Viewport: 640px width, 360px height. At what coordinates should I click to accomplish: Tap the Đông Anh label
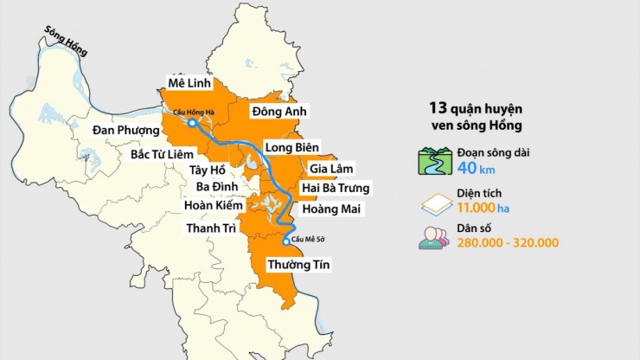pyautogui.click(x=280, y=112)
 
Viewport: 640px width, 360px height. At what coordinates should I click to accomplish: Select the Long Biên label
pyautogui.click(x=291, y=147)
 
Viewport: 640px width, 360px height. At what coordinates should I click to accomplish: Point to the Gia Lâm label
pyautogui.click(x=332, y=168)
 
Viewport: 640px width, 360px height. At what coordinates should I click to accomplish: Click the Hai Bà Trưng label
pyautogui.click(x=336, y=188)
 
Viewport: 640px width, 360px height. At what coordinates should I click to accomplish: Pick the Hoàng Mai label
pyautogui.click(x=333, y=209)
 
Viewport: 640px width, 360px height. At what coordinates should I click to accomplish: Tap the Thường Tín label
pyautogui.click(x=298, y=263)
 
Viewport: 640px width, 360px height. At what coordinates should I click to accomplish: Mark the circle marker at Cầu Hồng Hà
pyautogui.click(x=191, y=123)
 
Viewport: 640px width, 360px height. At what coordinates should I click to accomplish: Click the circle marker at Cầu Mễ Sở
pyautogui.click(x=286, y=241)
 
